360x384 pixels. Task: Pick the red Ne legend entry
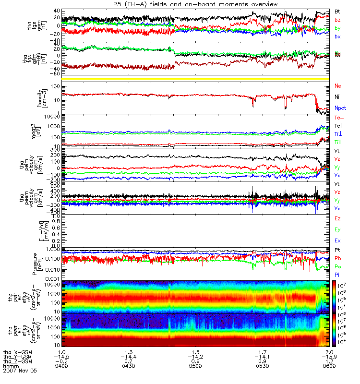[338, 86]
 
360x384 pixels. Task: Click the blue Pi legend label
[337, 274]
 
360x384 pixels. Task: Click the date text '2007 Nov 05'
[20, 371]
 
